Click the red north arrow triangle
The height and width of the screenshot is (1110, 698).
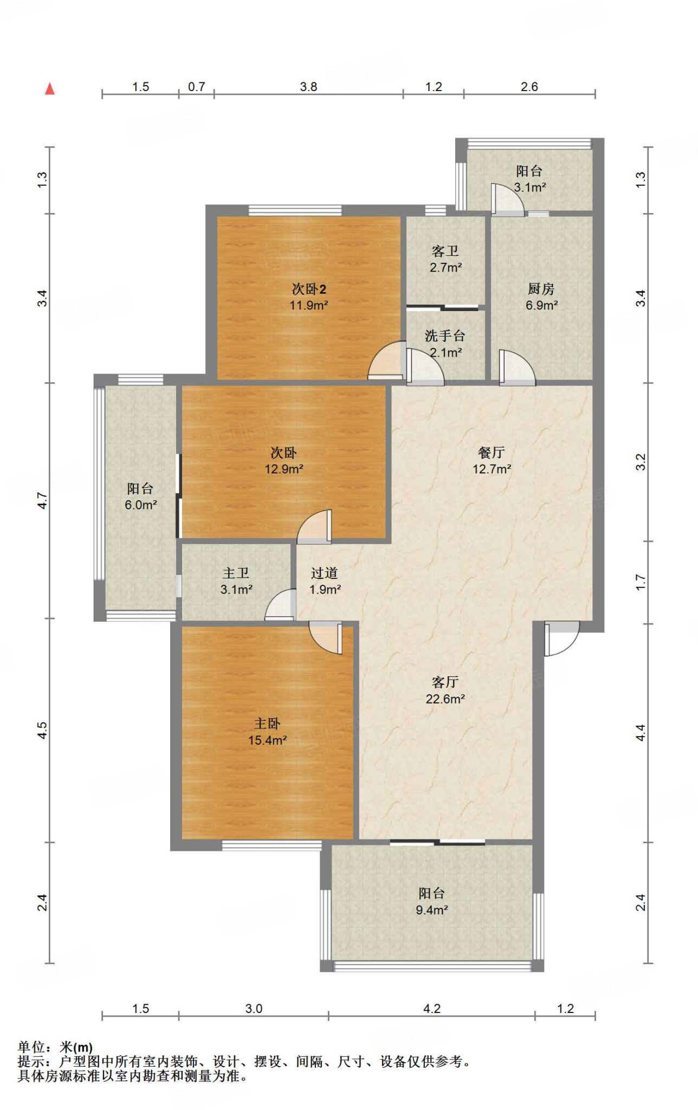(50, 88)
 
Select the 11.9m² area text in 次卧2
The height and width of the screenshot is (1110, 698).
(309, 305)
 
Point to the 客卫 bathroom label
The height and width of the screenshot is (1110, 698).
(445, 251)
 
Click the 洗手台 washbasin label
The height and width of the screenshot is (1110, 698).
(445, 336)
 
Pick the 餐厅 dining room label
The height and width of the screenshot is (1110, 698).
(492, 452)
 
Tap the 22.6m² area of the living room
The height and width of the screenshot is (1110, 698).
(445, 699)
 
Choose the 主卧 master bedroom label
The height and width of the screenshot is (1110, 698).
(267, 723)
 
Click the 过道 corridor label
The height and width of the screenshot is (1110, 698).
(324, 573)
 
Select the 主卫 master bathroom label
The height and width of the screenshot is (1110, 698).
(236, 573)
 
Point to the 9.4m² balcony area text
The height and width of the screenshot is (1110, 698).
(432, 910)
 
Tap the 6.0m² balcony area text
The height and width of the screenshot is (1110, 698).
(141, 505)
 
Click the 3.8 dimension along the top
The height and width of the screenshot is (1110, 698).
(308, 87)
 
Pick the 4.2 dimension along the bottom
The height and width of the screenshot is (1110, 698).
(432, 1009)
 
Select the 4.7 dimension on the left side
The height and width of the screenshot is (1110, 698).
(42, 500)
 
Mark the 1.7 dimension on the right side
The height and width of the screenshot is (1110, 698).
(641, 583)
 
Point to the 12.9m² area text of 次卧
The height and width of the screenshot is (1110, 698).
(284, 469)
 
